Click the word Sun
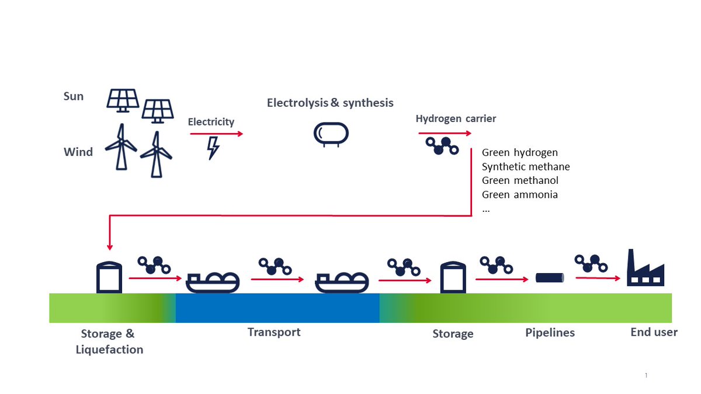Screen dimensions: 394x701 pyautogui.click(x=74, y=96)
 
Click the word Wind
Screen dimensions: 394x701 pyautogui.click(x=78, y=152)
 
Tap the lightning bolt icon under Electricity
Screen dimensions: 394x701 pyautogui.click(x=213, y=148)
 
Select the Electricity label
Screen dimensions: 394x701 pyautogui.click(x=211, y=122)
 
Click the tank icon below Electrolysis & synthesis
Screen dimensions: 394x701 pyautogui.click(x=331, y=134)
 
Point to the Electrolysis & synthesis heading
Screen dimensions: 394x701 pyautogui.click(x=330, y=103)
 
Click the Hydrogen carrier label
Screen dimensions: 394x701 pyautogui.click(x=456, y=119)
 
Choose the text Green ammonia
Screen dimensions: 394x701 pyautogui.click(x=519, y=195)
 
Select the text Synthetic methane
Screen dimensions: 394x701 pyautogui.click(x=525, y=167)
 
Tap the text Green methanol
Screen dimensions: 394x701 pyautogui.click(x=520, y=181)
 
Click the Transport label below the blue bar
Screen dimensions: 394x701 pyautogui.click(x=274, y=332)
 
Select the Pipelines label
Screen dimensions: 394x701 pyautogui.click(x=549, y=333)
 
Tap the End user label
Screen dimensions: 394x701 pyautogui.click(x=654, y=332)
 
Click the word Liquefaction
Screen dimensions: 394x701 pyautogui.click(x=109, y=350)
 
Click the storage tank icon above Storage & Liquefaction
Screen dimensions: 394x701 pyautogui.click(x=109, y=277)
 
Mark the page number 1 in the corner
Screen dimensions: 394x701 pyautogui.click(x=646, y=375)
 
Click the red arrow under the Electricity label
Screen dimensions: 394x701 pyautogui.click(x=216, y=134)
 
